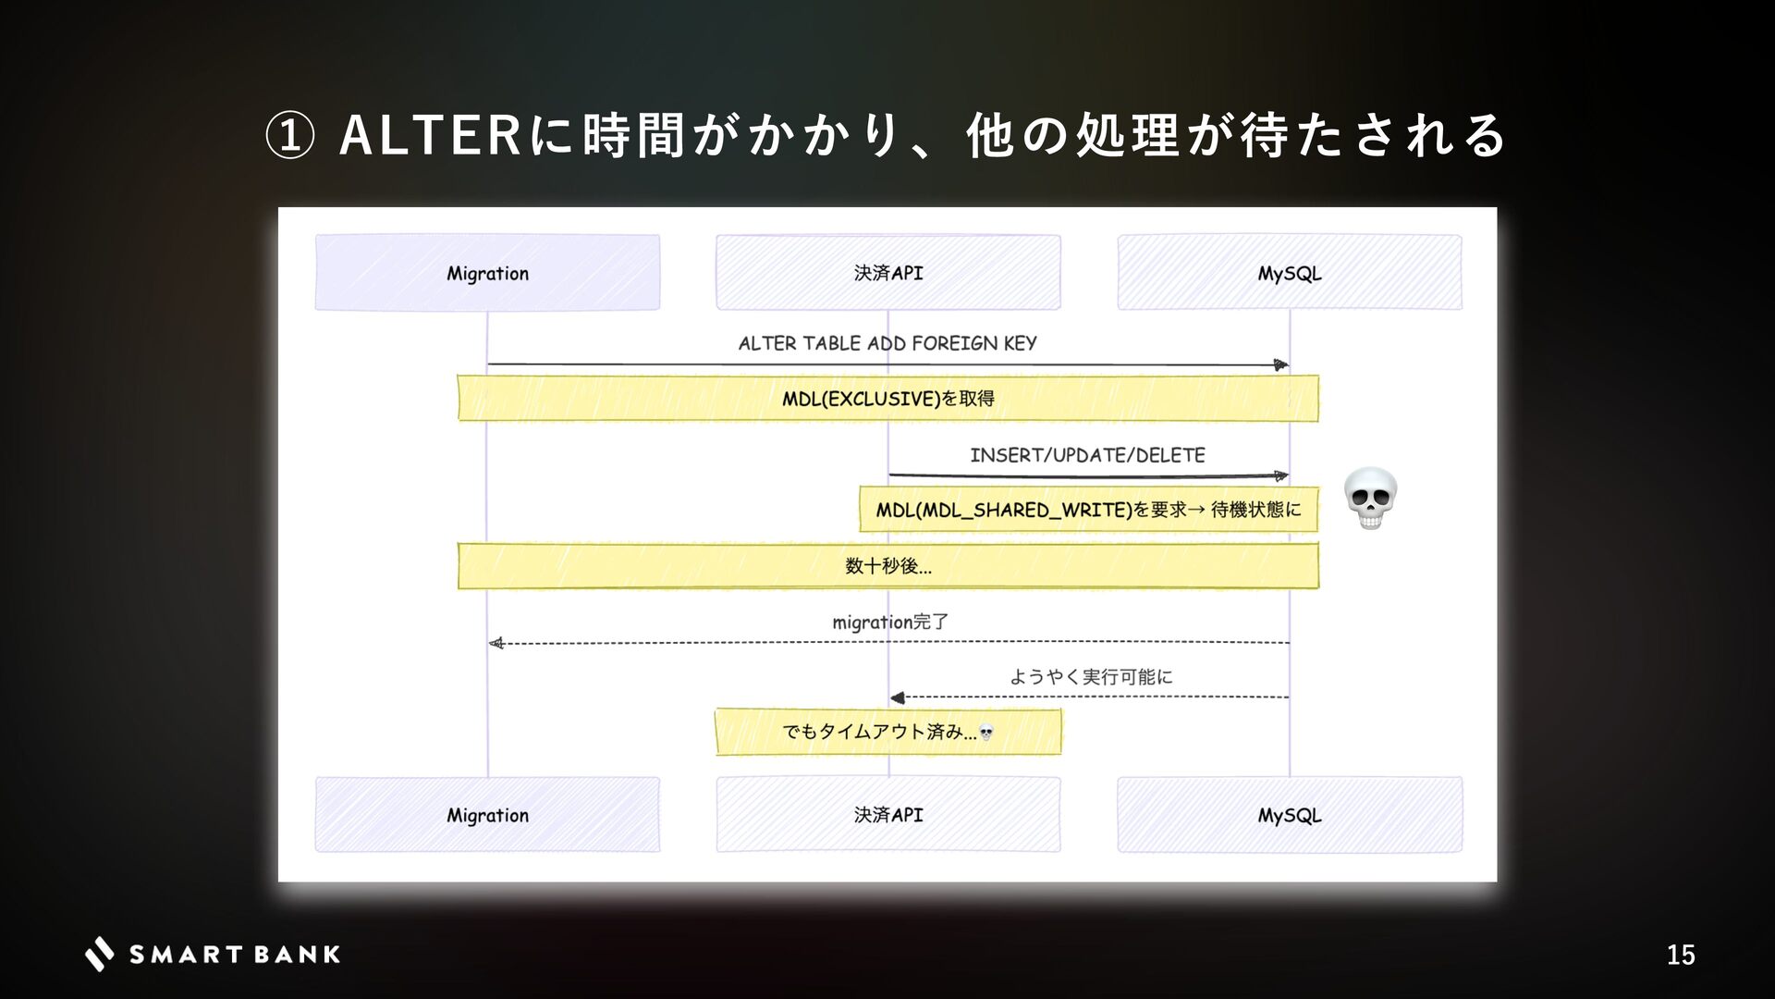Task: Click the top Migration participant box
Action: pos(487,273)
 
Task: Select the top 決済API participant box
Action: pos(887,273)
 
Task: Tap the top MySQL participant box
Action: pos(1289,273)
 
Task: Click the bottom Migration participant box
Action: pos(487,815)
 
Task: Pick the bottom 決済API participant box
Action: pos(887,815)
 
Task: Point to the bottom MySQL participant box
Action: pos(1289,815)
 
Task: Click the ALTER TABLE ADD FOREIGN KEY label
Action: pos(887,343)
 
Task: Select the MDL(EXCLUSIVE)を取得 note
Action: pos(887,399)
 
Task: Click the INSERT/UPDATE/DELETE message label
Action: pos(1087,455)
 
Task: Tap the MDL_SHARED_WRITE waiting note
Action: pos(1088,510)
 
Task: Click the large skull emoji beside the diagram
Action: pos(1370,499)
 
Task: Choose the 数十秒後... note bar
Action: pos(887,566)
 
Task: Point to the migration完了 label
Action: pos(890,622)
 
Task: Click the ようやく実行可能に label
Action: pos(1091,677)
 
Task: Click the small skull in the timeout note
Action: pos(986,734)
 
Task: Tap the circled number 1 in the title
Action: pos(289,136)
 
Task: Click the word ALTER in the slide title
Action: pos(432,136)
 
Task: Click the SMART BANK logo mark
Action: pos(100,954)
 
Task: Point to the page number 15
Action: pos(1680,955)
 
